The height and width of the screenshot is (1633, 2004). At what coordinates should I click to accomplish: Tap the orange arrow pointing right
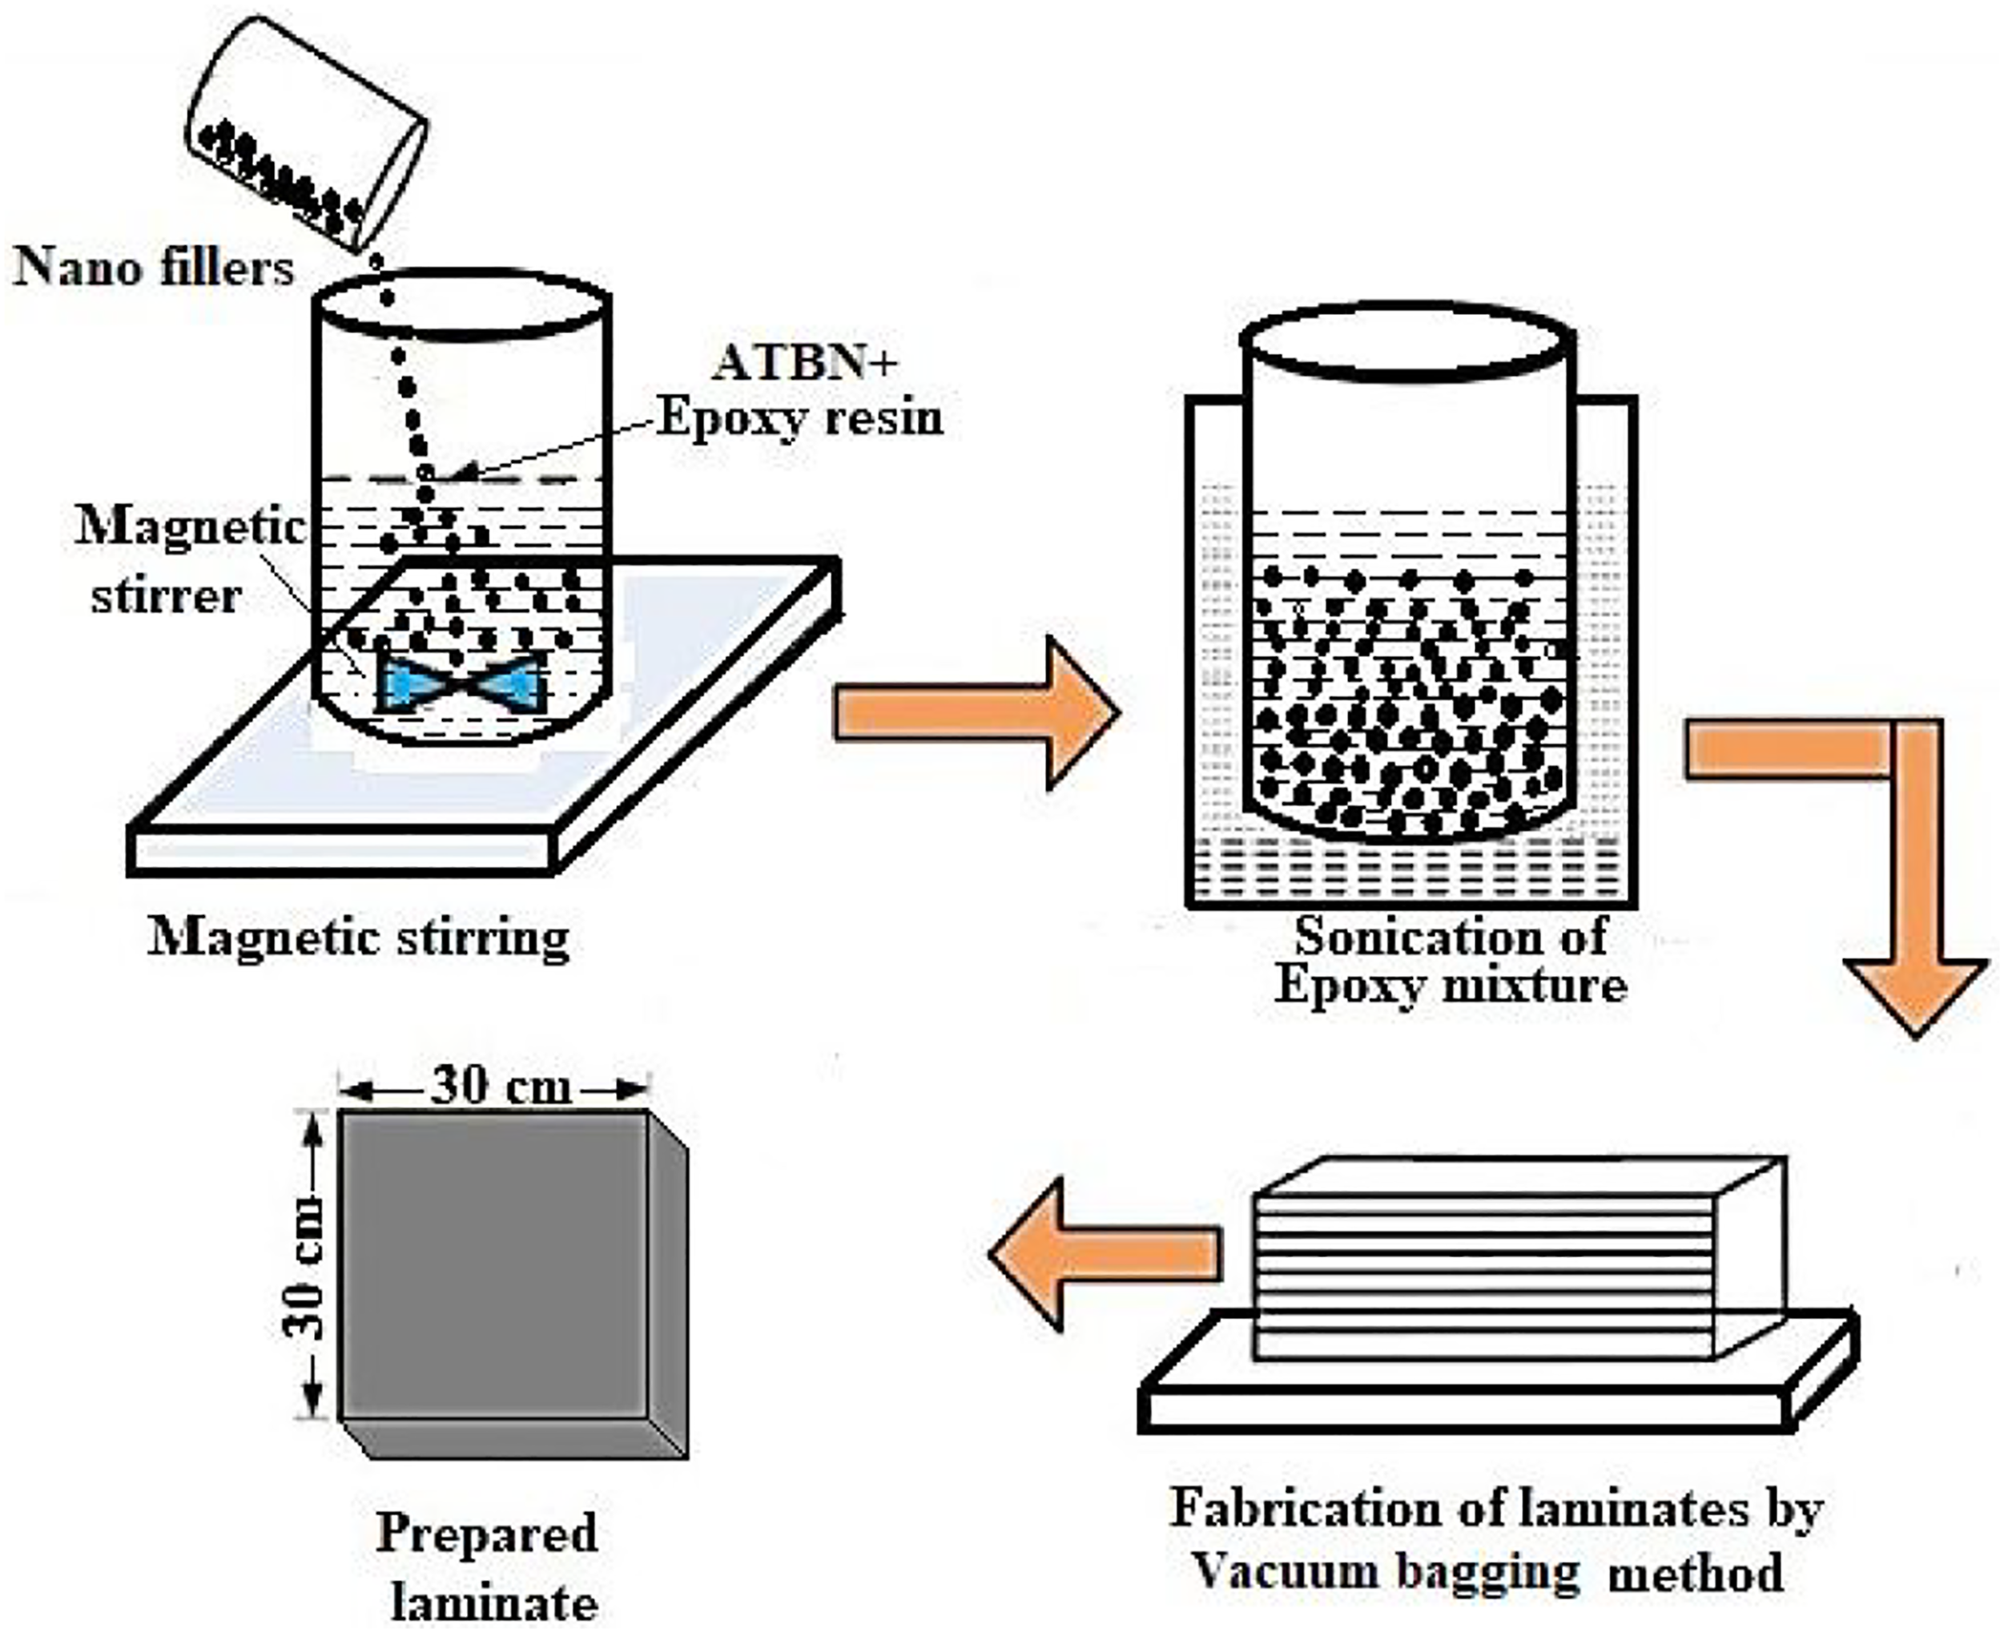(976, 712)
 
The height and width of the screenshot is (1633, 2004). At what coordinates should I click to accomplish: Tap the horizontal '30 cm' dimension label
(501, 1087)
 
